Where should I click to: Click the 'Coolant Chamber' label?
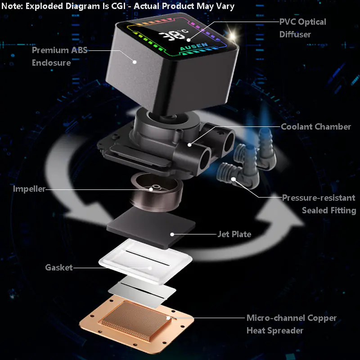(x=316, y=126)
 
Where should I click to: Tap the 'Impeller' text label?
(x=29, y=189)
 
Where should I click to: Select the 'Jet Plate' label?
(x=234, y=234)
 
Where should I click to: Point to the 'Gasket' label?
(x=59, y=267)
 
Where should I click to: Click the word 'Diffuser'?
(x=295, y=34)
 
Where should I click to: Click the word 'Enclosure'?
(x=51, y=63)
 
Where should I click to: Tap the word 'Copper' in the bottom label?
(x=322, y=318)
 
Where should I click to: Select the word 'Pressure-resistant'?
(x=319, y=198)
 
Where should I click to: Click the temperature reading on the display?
(x=174, y=35)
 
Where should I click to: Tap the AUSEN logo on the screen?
(x=194, y=47)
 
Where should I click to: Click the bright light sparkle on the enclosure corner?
(x=232, y=36)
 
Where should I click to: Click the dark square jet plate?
(x=151, y=227)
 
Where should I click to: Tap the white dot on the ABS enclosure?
(x=135, y=62)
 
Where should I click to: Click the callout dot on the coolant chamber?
(x=189, y=144)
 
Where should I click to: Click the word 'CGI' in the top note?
(x=118, y=6)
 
